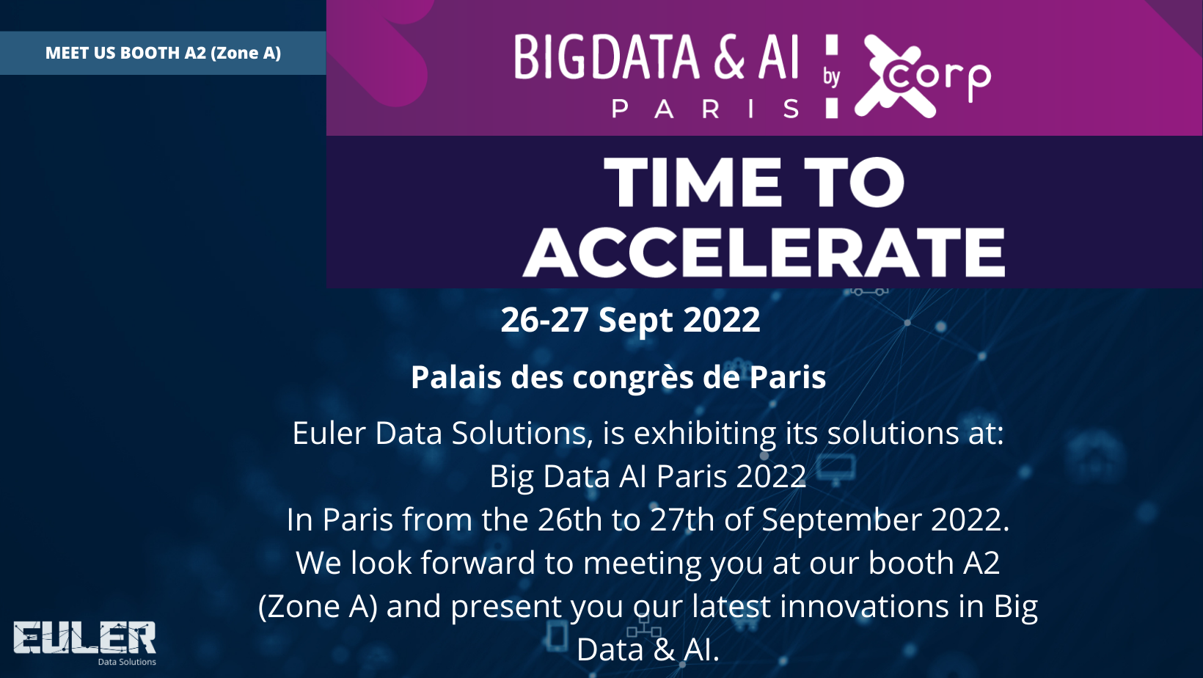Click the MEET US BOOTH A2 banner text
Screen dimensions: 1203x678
pyautogui.click(x=163, y=53)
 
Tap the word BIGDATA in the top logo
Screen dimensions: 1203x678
pyautogui.click(x=607, y=57)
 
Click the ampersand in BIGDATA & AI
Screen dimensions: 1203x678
pyautogui.click(x=729, y=57)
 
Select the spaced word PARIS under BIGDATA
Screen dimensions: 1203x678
pyautogui.click(x=705, y=109)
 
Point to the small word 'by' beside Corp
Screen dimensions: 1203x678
pyautogui.click(x=831, y=77)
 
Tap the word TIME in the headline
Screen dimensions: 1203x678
pyautogui.click(x=692, y=183)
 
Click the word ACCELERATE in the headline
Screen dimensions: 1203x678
pyautogui.click(x=764, y=252)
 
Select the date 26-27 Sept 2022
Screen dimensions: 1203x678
pyautogui.click(x=631, y=319)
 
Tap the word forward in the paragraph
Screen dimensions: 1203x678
pyautogui.click(x=478, y=563)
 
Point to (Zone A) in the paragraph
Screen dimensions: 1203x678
pyautogui.click(x=318, y=607)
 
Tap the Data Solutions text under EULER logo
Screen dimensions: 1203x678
pyautogui.click(x=127, y=662)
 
